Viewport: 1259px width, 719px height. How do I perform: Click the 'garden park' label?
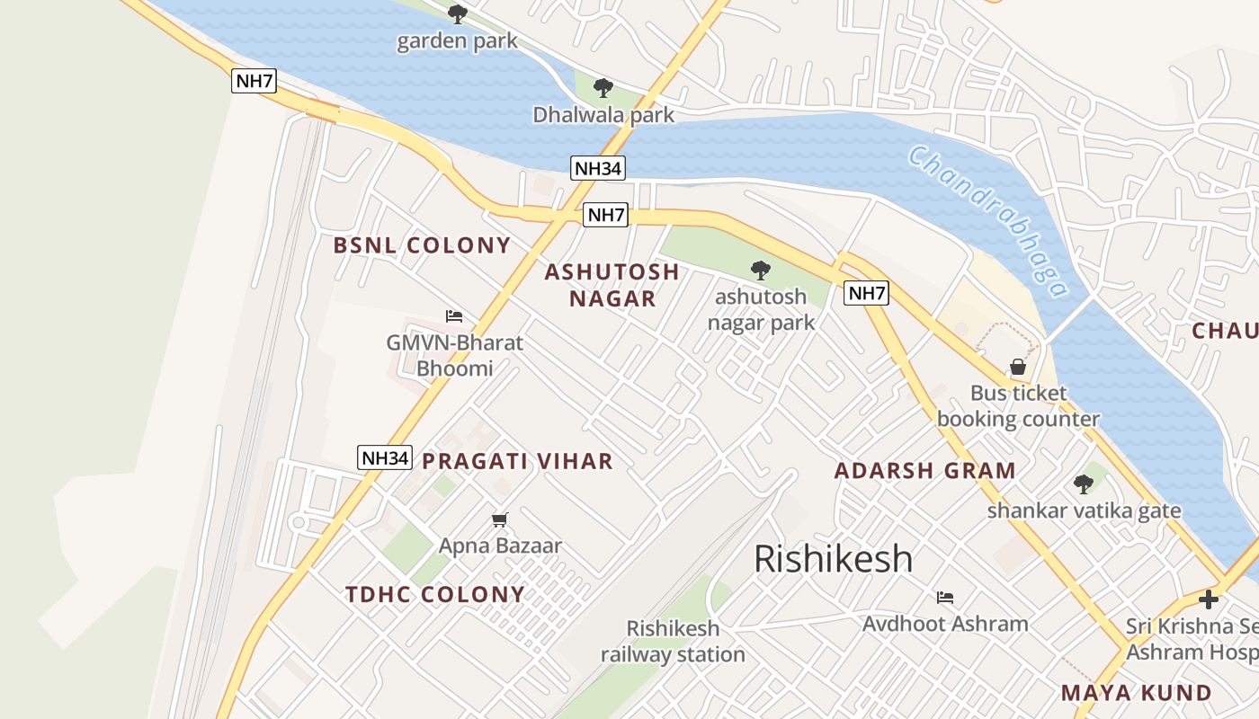coord(457,40)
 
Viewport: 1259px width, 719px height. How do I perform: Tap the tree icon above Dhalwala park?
coord(603,88)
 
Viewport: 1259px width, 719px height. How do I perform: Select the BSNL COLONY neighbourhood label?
coord(422,245)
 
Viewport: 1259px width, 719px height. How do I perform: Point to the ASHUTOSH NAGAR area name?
coord(612,285)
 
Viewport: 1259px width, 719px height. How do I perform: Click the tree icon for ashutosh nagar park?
coord(761,270)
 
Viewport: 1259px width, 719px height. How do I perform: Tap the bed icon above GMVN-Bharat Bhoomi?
coord(454,316)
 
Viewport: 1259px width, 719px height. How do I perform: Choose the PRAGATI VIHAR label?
coord(517,462)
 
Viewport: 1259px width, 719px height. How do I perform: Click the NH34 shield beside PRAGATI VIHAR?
coord(385,457)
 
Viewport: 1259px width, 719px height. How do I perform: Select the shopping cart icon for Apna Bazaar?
coord(500,519)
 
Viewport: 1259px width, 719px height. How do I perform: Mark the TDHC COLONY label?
coord(435,594)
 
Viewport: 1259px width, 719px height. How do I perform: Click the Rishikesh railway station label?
coord(673,641)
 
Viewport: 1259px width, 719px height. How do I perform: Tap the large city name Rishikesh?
coord(833,559)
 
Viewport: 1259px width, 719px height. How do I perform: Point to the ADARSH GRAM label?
coord(924,471)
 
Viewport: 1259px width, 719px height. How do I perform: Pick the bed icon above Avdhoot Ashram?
coord(944,597)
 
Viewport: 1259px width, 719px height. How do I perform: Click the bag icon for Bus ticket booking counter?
coord(1018,367)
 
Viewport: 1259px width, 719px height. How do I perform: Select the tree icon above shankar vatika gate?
coord(1084,484)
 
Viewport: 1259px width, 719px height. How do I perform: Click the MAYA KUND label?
coord(1137,693)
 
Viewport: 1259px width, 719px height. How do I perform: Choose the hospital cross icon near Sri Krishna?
coord(1209,599)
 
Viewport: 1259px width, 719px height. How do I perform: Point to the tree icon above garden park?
coord(458,13)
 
